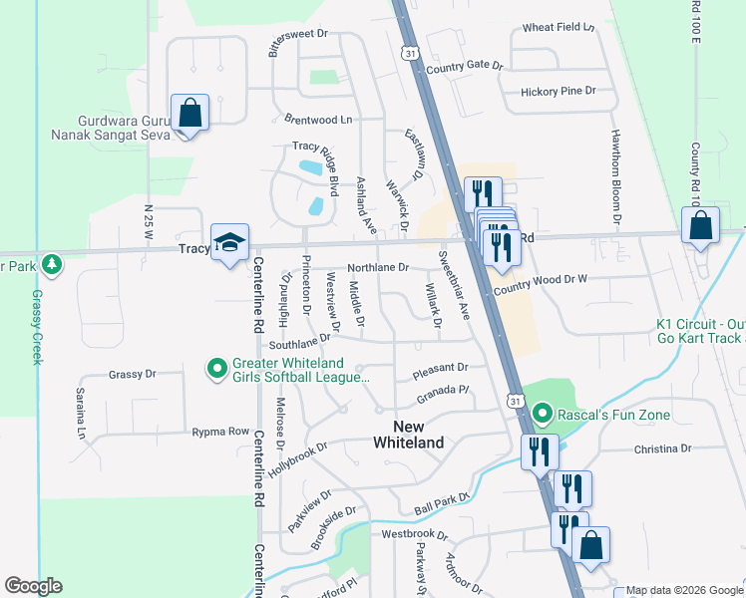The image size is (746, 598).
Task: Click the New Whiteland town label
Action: (408, 435)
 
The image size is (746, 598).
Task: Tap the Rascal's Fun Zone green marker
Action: (542, 411)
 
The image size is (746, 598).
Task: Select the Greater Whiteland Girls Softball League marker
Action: (215, 370)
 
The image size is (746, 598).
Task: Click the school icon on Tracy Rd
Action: (230, 244)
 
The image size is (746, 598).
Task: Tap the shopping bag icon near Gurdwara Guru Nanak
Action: (189, 113)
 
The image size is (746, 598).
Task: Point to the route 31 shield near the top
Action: (410, 53)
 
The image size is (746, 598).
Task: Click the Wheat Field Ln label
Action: (558, 27)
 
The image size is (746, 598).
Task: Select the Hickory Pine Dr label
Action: (558, 91)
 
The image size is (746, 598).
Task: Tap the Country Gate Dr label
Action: (465, 65)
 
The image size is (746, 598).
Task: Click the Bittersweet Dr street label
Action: (291, 33)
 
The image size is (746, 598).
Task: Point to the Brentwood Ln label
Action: (318, 119)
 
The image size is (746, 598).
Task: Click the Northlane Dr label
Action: (378, 267)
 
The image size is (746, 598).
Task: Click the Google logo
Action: (33, 586)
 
